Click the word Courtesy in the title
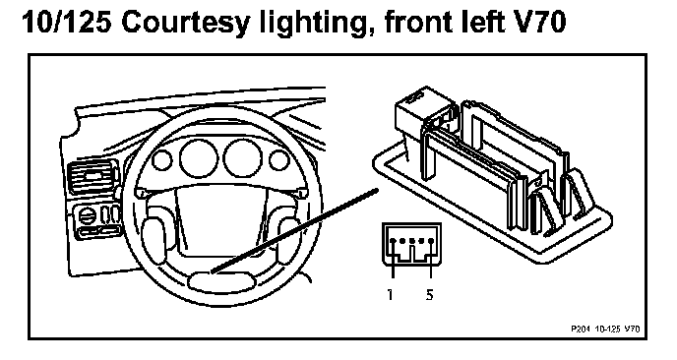[185, 23]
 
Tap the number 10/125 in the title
[66, 22]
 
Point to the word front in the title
[417, 23]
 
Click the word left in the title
[481, 22]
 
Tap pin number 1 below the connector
[391, 294]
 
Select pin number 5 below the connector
[429, 294]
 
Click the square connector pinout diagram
[411, 245]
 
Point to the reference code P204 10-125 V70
[605, 329]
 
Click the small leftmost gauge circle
[162, 160]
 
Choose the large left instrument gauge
[199, 157]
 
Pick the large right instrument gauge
[243, 158]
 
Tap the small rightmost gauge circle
[279, 160]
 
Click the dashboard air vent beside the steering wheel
[92, 177]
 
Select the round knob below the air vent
[87, 215]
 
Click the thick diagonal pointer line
[294, 231]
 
